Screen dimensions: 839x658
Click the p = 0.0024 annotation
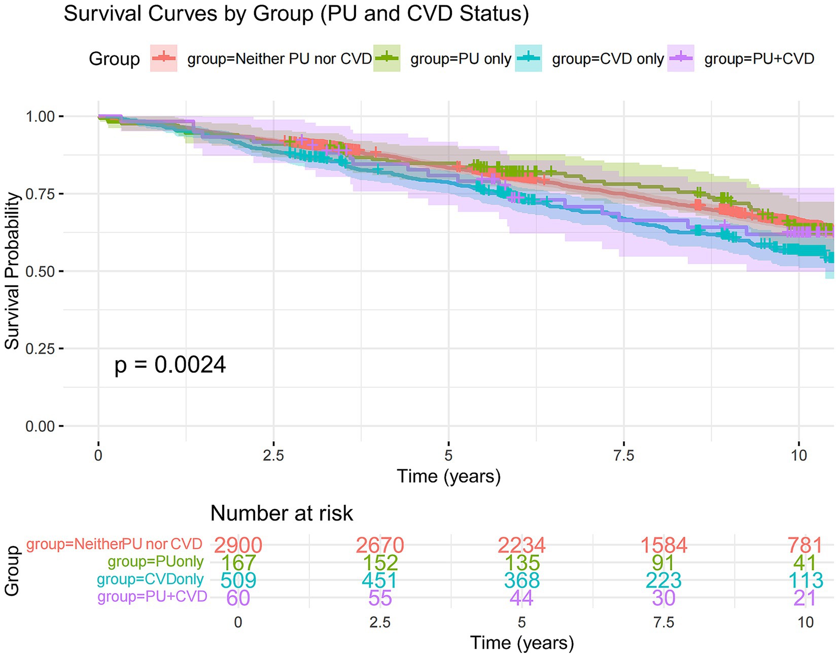(170, 365)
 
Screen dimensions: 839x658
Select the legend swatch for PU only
(387, 58)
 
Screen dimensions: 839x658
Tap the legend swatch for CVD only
(528, 58)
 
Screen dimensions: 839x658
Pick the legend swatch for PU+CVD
(681, 58)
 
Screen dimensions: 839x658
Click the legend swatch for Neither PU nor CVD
(164, 58)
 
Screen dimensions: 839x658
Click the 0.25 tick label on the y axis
(40, 349)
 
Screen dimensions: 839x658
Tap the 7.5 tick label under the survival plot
(623, 456)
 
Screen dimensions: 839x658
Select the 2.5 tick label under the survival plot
(273, 456)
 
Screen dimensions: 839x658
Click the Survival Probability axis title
(12, 271)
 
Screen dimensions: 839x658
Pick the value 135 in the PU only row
(522, 563)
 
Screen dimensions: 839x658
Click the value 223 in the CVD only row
(663, 580)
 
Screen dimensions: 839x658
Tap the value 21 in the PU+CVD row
(806, 598)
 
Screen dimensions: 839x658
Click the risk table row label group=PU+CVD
(153, 597)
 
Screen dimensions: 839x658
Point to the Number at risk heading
(282, 513)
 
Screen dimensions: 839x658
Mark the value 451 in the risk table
(380, 580)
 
